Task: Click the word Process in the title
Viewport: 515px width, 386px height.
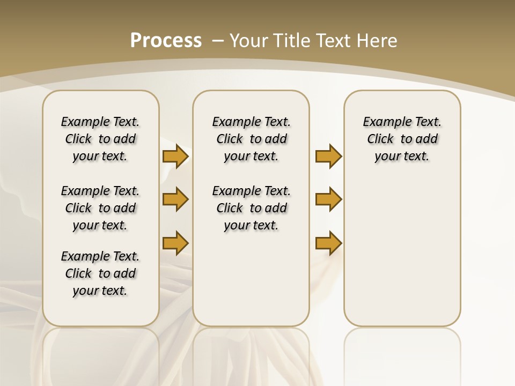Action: click(166, 41)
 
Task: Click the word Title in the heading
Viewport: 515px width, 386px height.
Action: click(290, 41)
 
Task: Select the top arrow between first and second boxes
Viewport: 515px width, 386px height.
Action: click(175, 157)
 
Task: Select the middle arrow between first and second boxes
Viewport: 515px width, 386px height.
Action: click(175, 200)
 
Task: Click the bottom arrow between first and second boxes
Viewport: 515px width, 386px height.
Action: click(175, 243)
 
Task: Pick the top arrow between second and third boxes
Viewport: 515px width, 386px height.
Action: click(328, 157)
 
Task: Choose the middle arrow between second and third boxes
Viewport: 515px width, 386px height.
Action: click(328, 200)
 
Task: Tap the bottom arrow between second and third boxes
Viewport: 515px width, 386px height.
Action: click(328, 243)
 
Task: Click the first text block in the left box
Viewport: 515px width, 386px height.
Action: click(100, 139)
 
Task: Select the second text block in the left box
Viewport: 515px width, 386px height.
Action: click(100, 208)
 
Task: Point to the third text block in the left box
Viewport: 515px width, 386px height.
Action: click(100, 273)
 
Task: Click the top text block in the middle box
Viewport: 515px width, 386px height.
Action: click(251, 139)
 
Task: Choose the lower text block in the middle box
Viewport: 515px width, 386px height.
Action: click(251, 208)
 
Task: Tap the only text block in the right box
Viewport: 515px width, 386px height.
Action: click(402, 139)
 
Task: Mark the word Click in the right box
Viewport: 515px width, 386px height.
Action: click(380, 139)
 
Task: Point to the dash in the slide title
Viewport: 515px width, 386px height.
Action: click(218, 41)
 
